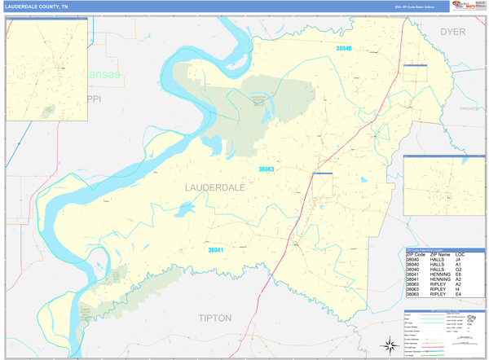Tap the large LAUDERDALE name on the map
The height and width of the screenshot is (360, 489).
pos(210,187)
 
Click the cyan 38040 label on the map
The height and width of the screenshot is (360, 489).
pos(343,49)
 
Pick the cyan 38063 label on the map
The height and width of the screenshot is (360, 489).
pos(267,169)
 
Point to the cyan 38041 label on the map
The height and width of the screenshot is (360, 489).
pos(215,249)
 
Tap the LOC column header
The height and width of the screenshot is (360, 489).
pos(460,255)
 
